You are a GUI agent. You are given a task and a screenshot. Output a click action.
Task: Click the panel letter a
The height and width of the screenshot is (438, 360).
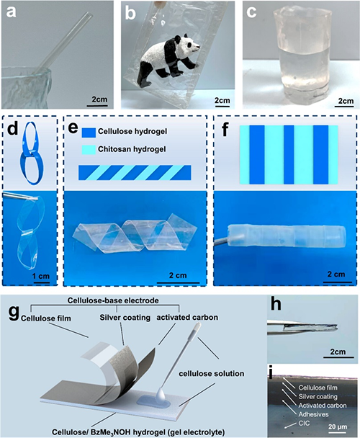click(x=11, y=12)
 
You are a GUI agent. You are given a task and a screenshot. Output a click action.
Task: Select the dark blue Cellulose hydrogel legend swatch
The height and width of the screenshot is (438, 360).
click(x=89, y=132)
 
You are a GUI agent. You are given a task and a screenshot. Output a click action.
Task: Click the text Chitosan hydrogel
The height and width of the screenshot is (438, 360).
click(x=132, y=149)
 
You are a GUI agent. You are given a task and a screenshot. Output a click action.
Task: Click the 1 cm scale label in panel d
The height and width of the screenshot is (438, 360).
click(x=41, y=276)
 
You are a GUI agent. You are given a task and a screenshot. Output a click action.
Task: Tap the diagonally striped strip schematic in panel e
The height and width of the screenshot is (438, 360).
click(x=135, y=173)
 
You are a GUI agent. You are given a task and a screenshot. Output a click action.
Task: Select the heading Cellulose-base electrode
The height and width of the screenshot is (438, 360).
click(x=113, y=300)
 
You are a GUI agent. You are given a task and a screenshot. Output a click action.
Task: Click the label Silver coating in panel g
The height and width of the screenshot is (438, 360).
click(x=125, y=318)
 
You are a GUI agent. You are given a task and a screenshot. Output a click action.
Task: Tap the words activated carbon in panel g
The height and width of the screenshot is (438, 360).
click(x=187, y=317)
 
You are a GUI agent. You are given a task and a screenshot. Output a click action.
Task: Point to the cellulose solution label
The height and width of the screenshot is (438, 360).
click(x=212, y=373)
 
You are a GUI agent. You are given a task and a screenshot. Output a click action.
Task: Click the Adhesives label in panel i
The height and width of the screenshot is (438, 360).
click(x=313, y=414)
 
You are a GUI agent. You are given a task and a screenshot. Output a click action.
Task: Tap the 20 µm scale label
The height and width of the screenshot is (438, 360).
click(x=338, y=426)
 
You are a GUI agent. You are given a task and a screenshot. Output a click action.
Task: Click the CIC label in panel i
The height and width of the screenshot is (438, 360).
click(x=304, y=423)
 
